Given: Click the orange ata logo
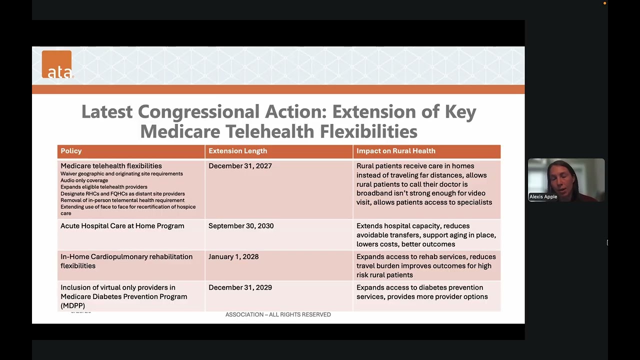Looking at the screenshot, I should pyautogui.click(x=56, y=64).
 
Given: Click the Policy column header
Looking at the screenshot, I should pyautogui.click(x=71, y=151).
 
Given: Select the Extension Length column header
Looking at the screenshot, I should pyautogui.click(x=237, y=151).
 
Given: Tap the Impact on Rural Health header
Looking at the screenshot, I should pyautogui.click(x=395, y=151).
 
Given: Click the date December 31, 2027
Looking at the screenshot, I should pyautogui.click(x=240, y=166).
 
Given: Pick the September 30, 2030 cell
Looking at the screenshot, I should pyautogui.click(x=241, y=226).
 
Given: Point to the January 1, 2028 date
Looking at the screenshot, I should pyautogui.click(x=233, y=257).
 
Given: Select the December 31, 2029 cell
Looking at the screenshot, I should pyautogui.click(x=240, y=287).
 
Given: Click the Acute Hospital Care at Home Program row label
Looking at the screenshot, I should pyautogui.click(x=122, y=226).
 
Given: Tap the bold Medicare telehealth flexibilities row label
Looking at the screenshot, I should pyautogui.click(x=111, y=166).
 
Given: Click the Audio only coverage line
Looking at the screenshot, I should pyautogui.click(x=84, y=180).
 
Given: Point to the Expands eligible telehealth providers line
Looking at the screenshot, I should pyautogui.click(x=103, y=187).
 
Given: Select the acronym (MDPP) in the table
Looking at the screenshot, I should pyautogui.click(x=72, y=305).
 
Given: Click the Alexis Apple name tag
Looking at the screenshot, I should pyautogui.click(x=543, y=197).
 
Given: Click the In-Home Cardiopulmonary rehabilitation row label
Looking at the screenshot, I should pyautogui.click(x=126, y=261).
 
